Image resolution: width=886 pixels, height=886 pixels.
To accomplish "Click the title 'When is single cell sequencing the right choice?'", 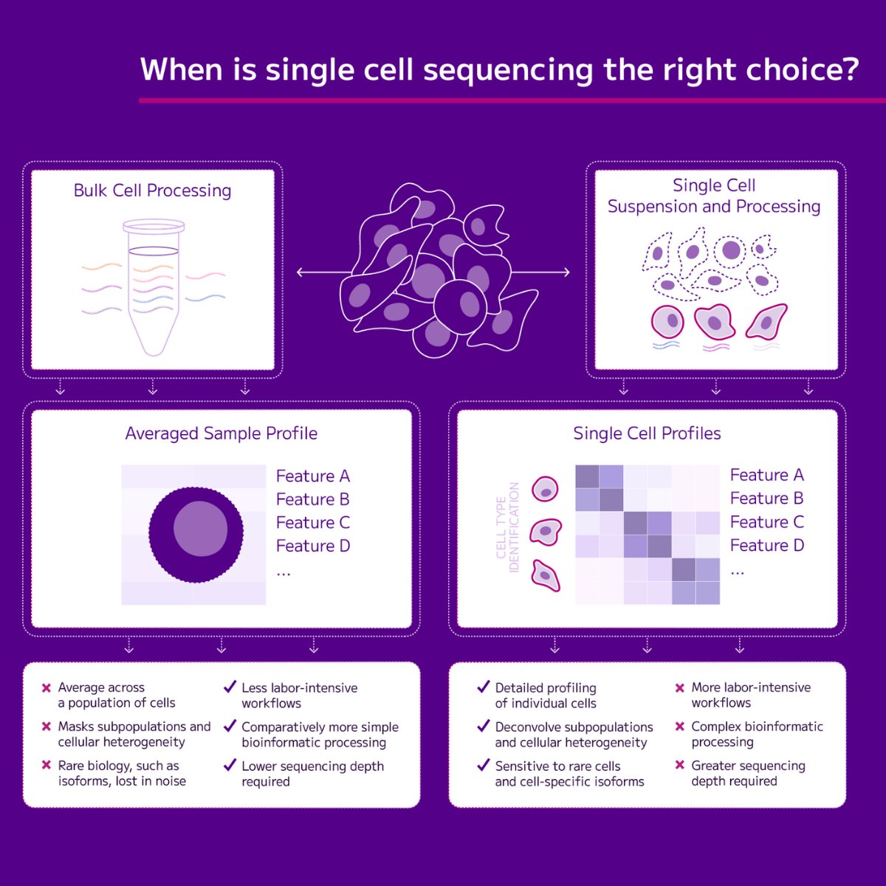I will point(499,69).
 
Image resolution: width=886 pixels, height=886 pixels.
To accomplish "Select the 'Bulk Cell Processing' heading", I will point(152,190).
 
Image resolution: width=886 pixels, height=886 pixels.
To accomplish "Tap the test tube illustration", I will point(154,288).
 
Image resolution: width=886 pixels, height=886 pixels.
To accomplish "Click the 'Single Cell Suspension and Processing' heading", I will point(714,196).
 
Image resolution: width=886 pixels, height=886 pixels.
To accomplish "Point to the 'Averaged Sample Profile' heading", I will point(221,433).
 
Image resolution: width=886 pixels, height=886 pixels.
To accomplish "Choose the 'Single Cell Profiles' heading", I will point(647,433).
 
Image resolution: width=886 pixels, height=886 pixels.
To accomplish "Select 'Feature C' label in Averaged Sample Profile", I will point(312,523).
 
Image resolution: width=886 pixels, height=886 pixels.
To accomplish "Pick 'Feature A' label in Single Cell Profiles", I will point(766,475).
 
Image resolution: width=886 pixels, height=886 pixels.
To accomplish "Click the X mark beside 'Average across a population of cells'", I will point(47,688).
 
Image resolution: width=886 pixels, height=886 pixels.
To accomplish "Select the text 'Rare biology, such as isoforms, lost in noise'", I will point(122,773).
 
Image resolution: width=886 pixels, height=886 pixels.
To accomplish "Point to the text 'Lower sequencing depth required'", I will point(312,773).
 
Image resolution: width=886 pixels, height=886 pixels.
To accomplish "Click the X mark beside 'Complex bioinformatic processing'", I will point(680,727).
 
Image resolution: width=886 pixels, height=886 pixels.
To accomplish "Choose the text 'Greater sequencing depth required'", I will point(747,773).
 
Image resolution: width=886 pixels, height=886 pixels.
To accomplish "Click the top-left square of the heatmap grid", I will point(587,476).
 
